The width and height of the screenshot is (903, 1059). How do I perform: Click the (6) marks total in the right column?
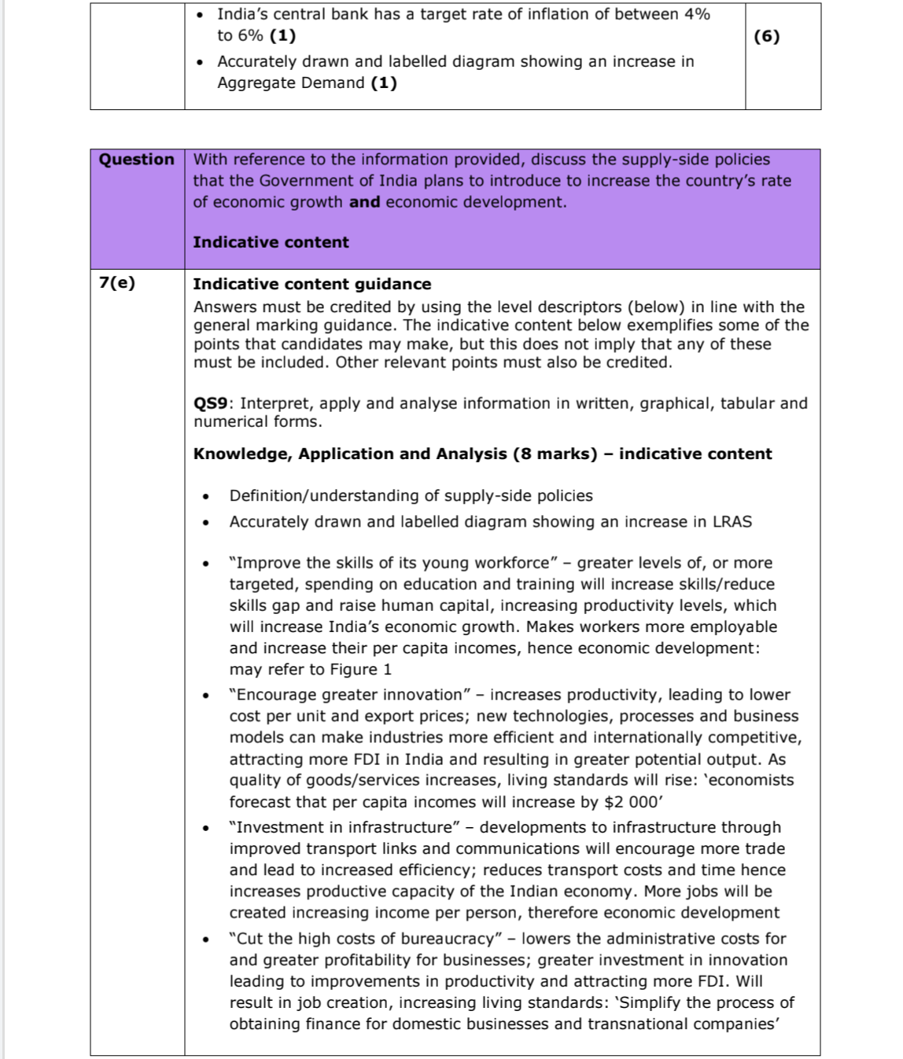(x=766, y=36)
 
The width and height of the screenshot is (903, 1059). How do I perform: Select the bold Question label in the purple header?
(x=137, y=160)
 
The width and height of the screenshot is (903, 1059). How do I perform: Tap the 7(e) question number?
(x=117, y=283)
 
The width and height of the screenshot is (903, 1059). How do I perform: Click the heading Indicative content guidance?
(x=312, y=284)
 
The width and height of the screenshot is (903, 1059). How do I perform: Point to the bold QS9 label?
(x=210, y=403)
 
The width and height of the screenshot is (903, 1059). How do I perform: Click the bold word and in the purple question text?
(x=364, y=202)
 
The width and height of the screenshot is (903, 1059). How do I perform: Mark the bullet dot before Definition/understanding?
(x=206, y=497)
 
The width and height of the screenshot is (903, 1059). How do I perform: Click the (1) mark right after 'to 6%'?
(x=283, y=35)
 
